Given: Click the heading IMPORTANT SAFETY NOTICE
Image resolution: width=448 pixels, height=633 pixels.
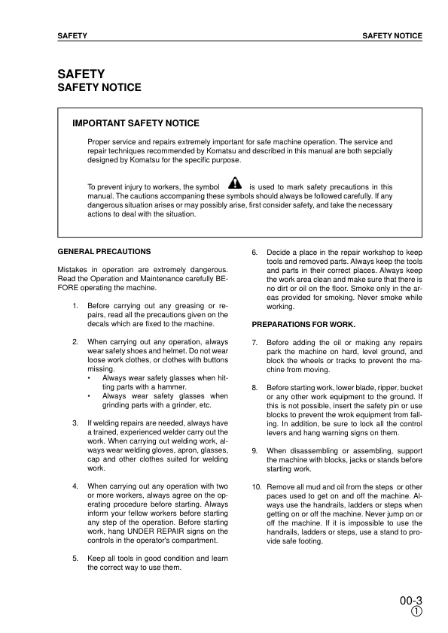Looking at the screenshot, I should (136, 123).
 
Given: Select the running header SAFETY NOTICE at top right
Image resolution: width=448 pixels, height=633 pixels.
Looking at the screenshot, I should (392, 35).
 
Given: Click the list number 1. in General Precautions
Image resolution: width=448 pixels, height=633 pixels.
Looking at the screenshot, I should (75, 306).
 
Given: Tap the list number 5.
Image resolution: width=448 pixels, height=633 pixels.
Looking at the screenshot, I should (75, 559).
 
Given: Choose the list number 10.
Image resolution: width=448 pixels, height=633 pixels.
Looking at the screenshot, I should (257, 487).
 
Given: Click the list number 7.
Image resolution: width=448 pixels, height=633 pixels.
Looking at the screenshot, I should (255, 342).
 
